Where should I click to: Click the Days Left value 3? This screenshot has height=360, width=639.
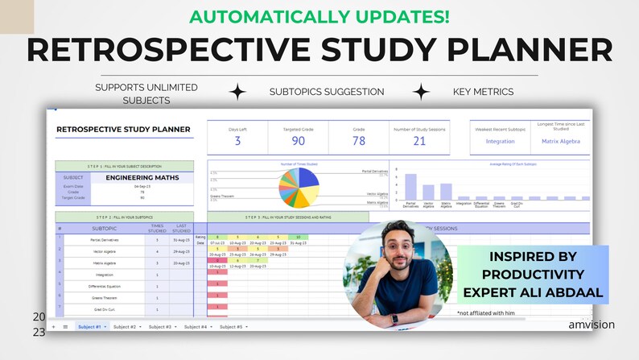tap(237, 141)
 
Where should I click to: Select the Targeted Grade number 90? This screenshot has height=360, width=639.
tap(298, 141)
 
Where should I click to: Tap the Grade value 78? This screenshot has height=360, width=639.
tap(358, 141)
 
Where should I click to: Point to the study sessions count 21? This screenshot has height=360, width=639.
tap(419, 141)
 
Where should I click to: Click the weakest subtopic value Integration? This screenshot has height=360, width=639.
tap(501, 141)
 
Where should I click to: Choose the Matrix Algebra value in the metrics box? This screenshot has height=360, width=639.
tap(561, 141)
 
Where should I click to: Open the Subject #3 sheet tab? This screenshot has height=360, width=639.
tap(160, 326)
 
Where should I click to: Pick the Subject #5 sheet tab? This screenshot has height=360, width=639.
tap(231, 326)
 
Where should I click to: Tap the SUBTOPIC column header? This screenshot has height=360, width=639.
tap(104, 228)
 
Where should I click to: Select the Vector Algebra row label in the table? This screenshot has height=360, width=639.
tap(104, 251)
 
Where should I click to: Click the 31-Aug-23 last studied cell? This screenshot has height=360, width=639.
tap(180, 240)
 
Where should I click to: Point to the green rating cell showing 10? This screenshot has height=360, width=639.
tap(298, 237)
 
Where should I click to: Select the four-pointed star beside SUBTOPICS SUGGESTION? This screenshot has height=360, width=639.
tap(237, 92)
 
